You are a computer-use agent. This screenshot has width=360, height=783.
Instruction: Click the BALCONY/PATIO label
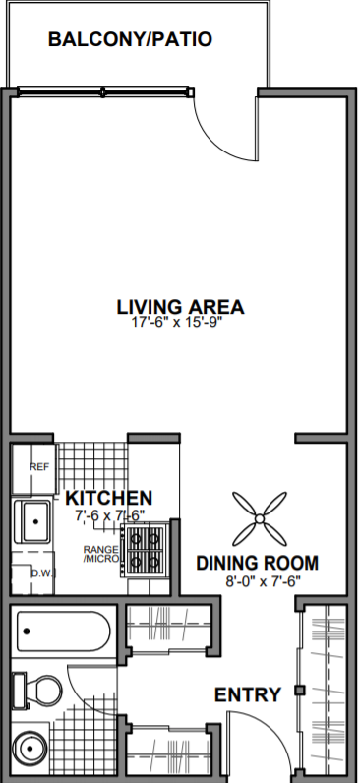coord(130,39)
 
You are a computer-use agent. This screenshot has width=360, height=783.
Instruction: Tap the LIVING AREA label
coord(179,306)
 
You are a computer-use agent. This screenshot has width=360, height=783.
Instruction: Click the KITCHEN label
coord(109,497)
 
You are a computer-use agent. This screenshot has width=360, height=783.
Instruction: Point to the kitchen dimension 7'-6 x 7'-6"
coord(109,513)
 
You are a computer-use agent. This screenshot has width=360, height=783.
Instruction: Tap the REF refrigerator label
coord(39,466)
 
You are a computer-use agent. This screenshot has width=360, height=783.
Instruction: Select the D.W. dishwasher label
coord(40,572)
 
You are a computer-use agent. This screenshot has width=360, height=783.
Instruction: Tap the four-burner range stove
coord(146,551)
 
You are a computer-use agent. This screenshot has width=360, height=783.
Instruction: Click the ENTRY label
coord(248,695)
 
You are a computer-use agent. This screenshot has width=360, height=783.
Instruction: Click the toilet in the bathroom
coord(35,688)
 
